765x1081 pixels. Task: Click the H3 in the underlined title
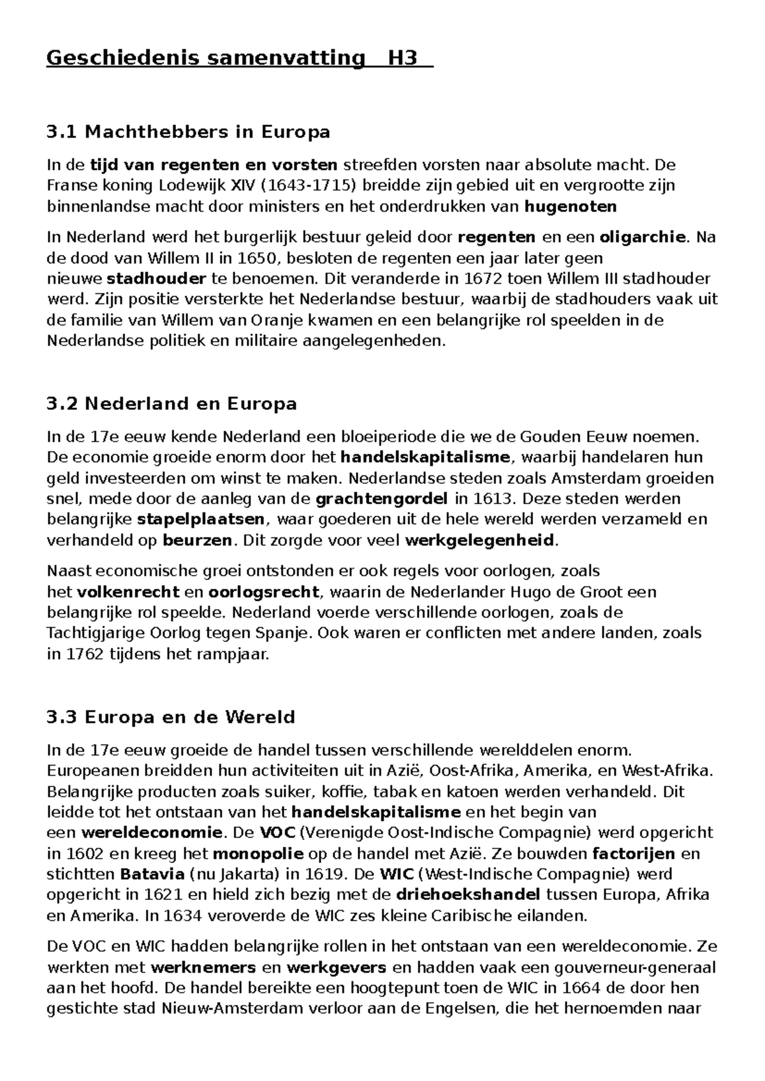pos(402,58)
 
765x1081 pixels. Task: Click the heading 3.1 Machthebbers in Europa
pos(188,132)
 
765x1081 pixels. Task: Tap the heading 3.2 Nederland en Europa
pos(171,403)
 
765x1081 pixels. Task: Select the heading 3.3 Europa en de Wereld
pos(171,717)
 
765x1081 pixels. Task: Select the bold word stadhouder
pos(156,279)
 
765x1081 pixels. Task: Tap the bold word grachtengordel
pos(382,498)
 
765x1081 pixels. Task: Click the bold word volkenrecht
pos(127,592)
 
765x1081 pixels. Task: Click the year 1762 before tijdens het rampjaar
pos(84,655)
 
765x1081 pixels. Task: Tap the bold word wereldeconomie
pos(152,833)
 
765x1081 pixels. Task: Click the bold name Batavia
pos(150,874)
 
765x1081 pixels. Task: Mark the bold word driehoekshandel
pos(468,894)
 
